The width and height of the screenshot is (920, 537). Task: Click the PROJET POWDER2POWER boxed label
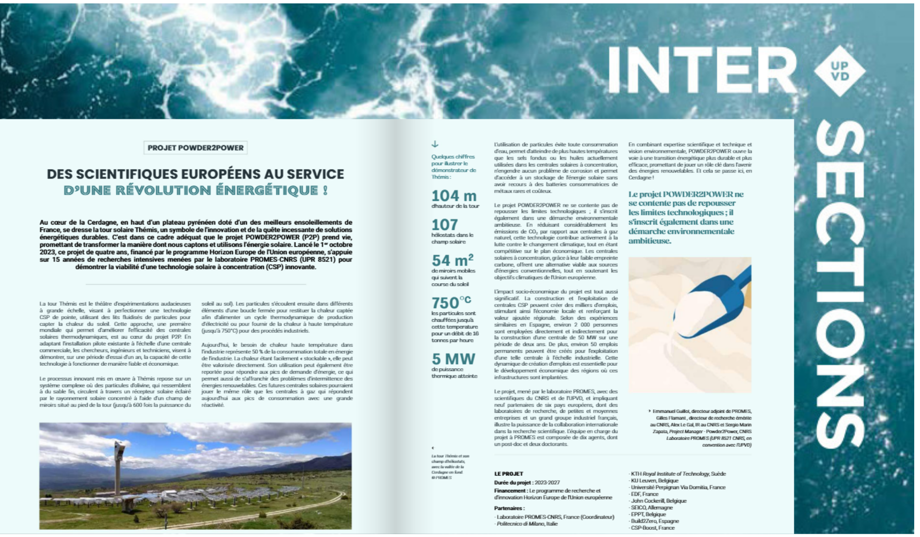click(x=195, y=147)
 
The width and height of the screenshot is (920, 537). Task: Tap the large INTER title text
click(x=701, y=71)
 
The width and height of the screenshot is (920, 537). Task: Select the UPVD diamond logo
click(x=839, y=71)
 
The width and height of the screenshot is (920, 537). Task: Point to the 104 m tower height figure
click(x=454, y=196)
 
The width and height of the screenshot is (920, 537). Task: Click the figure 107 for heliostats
click(x=445, y=225)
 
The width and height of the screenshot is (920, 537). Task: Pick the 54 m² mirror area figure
click(x=452, y=260)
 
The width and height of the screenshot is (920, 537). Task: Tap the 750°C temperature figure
click(x=451, y=303)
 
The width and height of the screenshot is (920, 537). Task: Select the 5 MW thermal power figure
click(x=453, y=359)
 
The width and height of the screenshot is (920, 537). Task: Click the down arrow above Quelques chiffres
click(x=435, y=144)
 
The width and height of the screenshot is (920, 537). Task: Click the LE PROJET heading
click(x=509, y=473)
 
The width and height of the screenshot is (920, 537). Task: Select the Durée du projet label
click(x=513, y=483)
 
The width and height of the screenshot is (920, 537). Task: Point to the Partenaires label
click(x=509, y=508)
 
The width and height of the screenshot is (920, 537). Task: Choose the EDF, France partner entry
click(x=645, y=494)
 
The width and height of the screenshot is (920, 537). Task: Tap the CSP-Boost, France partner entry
click(x=653, y=528)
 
